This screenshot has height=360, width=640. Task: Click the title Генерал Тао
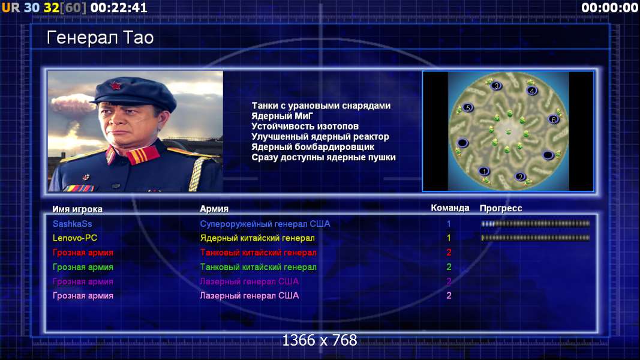pyautogui.click(x=100, y=38)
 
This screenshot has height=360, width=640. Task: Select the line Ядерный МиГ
pyautogui.click(x=282, y=116)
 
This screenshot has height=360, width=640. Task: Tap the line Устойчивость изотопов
pyautogui.click(x=305, y=126)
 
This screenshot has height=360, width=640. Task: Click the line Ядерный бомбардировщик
pyautogui.click(x=313, y=146)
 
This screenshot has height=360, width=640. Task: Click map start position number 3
pyautogui.click(x=496, y=86)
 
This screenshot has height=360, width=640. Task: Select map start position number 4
pyautogui.click(x=532, y=91)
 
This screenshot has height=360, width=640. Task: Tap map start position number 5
pyautogui.click(x=468, y=108)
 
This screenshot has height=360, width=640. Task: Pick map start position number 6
pyautogui.click(x=553, y=119)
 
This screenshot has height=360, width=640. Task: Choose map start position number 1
pyautogui.click(x=484, y=172)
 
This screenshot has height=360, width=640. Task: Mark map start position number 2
pyautogui.click(x=520, y=176)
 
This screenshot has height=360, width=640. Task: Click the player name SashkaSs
pyautogui.click(x=72, y=224)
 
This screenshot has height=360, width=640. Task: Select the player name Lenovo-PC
pyautogui.click(x=75, y=238)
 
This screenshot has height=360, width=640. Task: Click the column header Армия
pyautogui.click(x=214, y=209)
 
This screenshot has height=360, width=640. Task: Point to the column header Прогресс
pyautogui.click(x=501, y=208)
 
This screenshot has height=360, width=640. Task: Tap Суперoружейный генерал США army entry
pyautogui.click(x=265, y=224)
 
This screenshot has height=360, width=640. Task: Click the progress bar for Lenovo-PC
pyautogui.click(x=536, y=238)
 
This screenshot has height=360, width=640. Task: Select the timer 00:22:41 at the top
pyautogui.click(x=119, y=7)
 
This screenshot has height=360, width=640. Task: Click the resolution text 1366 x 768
pyautogui.click(x=320, y=340)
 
